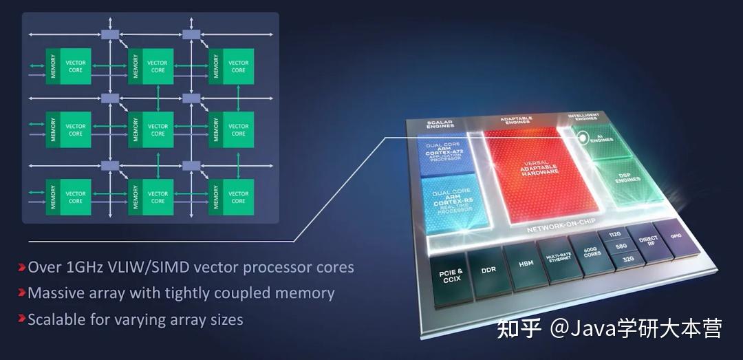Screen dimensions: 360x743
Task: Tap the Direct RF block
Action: [647, 241]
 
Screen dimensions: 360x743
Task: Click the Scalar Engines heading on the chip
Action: [441, 124]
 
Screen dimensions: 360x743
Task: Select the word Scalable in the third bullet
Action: [52, 319]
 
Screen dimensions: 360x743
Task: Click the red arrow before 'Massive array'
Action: [23, 293]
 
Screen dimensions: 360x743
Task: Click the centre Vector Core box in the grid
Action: [158, 129]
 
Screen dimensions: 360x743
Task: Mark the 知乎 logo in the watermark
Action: [519, 328]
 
